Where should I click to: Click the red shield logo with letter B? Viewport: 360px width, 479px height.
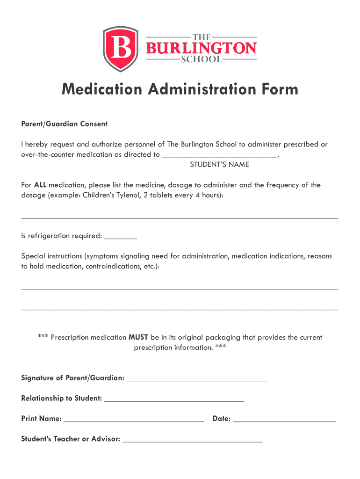[120, 49]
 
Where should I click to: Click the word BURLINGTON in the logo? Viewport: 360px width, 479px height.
[202, 48]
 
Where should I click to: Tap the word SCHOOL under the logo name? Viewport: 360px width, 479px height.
[202, 60]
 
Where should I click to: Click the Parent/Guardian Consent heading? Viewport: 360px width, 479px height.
[65, 124]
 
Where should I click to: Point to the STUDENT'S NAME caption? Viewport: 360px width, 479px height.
[219, 165]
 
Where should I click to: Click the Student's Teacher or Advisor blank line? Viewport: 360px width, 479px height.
[192, 441]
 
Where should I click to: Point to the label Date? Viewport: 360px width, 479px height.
[222, 419]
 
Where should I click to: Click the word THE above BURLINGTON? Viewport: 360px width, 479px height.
[202, 37]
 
